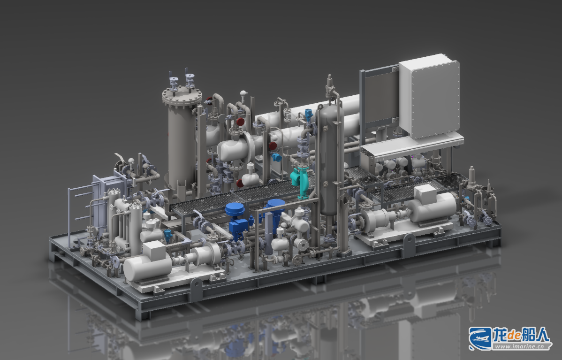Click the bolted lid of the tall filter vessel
tap(182, 96)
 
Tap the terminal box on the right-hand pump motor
tap(425, 194)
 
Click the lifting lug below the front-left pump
tap(196, 289)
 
